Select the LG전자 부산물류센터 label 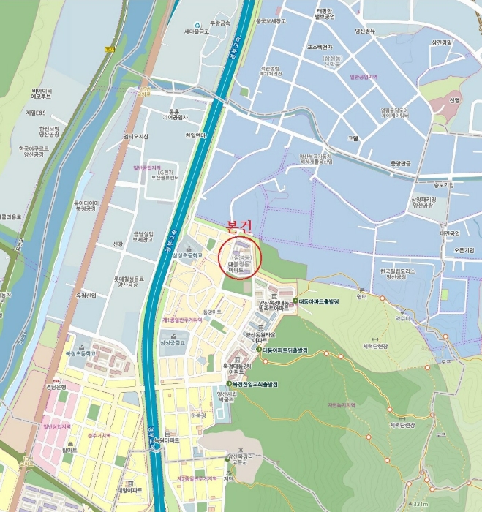pos(164,173)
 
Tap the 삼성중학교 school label pos(173,342)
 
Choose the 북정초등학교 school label pos(80,353)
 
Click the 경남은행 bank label pos(56,386)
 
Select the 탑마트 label pos(69,451)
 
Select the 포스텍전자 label pos(320,47)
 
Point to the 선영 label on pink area pos(455,100)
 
